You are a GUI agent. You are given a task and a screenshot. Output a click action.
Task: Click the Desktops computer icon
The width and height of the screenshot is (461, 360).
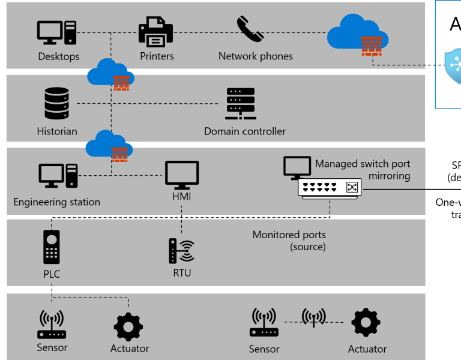[57, 32]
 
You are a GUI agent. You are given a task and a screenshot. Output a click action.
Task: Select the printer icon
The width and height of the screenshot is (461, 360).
[155, 32]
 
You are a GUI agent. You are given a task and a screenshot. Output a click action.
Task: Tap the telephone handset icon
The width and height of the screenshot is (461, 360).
[250, 29]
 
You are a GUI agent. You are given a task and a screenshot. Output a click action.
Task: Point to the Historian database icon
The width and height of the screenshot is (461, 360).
[56, 103]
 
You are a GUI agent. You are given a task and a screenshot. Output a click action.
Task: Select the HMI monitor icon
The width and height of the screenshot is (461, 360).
[182, 175]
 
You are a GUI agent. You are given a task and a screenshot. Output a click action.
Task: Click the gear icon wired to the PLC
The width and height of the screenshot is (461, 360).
[128, 327]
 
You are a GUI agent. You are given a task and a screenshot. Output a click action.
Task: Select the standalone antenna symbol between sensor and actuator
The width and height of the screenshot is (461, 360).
[313, 317]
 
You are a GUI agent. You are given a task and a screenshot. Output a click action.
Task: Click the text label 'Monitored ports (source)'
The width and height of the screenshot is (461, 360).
[289, 241]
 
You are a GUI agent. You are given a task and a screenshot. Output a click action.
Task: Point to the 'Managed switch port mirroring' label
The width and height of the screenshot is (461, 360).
[363, 170]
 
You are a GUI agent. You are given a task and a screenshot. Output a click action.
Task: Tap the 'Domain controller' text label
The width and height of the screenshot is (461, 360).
[245, 131]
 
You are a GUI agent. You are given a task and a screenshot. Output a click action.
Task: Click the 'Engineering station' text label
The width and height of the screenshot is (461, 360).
[56, 202]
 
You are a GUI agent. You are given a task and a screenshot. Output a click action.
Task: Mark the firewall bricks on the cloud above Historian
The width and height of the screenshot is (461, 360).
[122, 83]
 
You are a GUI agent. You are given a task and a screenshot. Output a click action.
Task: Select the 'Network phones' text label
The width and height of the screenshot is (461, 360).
[256, 56]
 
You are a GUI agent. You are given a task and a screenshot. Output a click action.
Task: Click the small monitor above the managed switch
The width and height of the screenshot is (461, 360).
[297, 167]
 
